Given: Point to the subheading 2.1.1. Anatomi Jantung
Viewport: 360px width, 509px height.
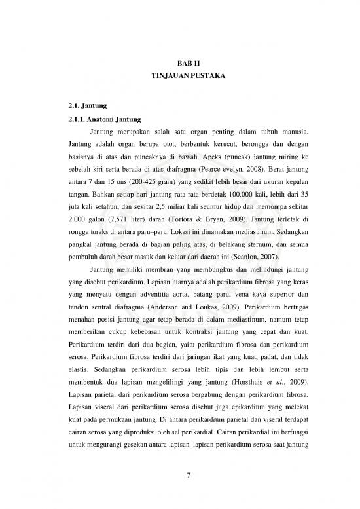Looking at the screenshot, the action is pyautogui.click(x=107, y=119).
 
